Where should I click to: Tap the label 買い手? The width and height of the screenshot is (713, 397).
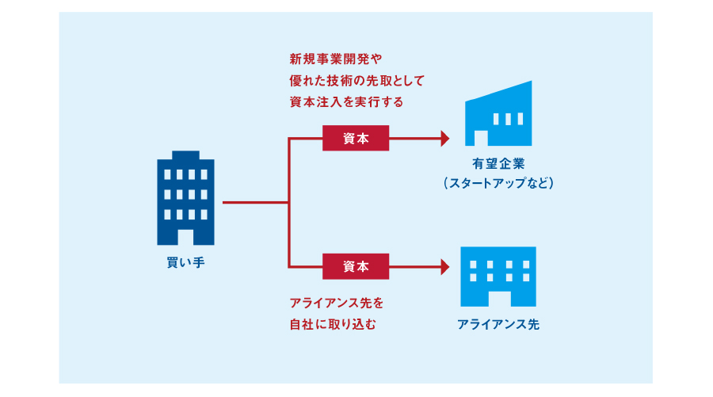(185, 262)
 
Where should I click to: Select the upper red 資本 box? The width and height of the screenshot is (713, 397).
(356, 139)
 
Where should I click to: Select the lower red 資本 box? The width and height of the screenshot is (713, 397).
(356, 267)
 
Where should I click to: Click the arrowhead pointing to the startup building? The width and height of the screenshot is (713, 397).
(444, 139)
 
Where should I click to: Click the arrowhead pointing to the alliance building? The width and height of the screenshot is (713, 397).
(444, 267)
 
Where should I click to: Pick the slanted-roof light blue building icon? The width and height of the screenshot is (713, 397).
(498, 115)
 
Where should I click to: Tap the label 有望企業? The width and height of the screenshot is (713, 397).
(498, 164)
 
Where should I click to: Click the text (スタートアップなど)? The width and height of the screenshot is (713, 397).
(498, 183)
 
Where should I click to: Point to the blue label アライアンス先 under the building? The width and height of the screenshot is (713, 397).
(498, 324)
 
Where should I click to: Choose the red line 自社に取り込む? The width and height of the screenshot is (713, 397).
(330, 323)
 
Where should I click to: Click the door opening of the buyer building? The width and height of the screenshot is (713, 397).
(185, 235)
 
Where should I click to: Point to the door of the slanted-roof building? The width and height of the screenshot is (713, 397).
(480, 138)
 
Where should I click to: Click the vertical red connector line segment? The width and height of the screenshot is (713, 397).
(288, 203)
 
